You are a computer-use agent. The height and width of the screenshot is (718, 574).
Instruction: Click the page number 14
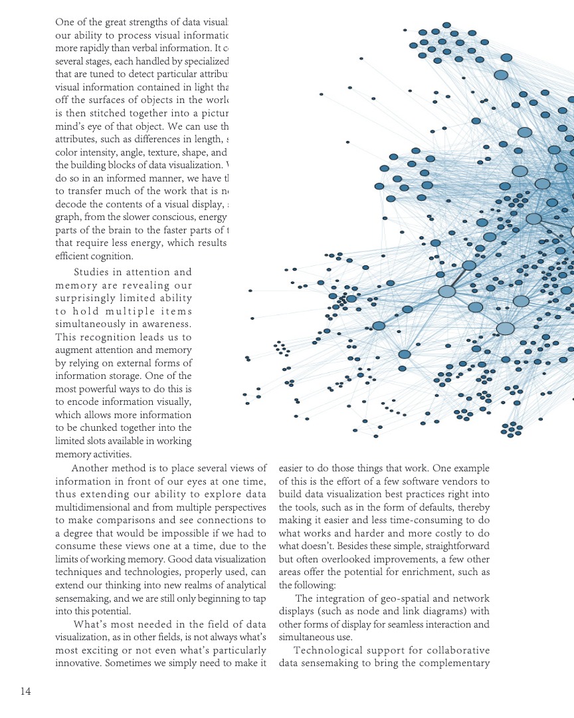(x=25, y=691)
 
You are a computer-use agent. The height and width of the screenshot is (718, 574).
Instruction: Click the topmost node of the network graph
(x=446, y=25)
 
